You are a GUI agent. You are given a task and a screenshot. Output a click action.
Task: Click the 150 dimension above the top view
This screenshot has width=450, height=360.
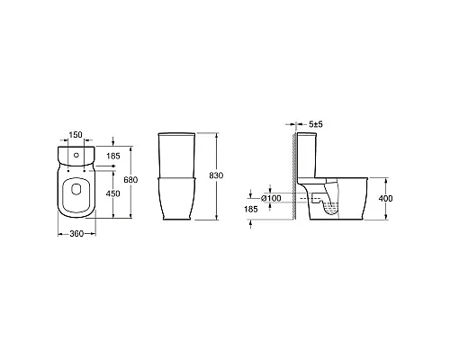pyautogui.click(x=76, y=135)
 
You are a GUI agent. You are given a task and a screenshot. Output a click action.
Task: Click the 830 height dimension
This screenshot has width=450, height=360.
pyautogui.click(x=215, y=175)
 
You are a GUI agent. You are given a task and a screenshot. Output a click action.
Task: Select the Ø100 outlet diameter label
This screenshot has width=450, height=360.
pyautogui.click(x=271, y=197)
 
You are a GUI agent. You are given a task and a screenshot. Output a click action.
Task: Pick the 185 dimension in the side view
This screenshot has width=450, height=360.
pyautogui.click(x=251, y=209)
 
